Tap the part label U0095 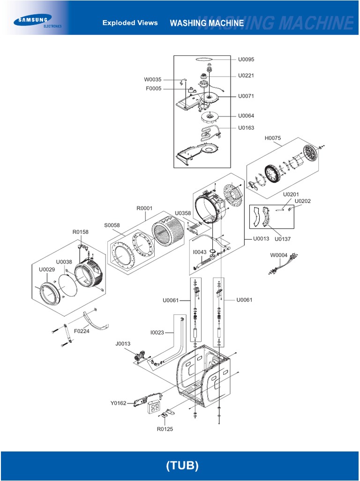pos(246,60)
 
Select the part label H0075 pos(272,138)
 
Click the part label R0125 pos(165,429)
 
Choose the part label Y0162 pos(119,403)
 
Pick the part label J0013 pos(123,344)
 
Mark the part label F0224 pos(82,331)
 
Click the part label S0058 pos(112,225)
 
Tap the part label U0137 pos(283,239)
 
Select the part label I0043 pos(200,252)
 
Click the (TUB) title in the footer pos(182,465)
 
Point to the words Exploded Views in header pos(130,23)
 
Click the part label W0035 pos(152,79)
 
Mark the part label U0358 pos(183,213)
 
